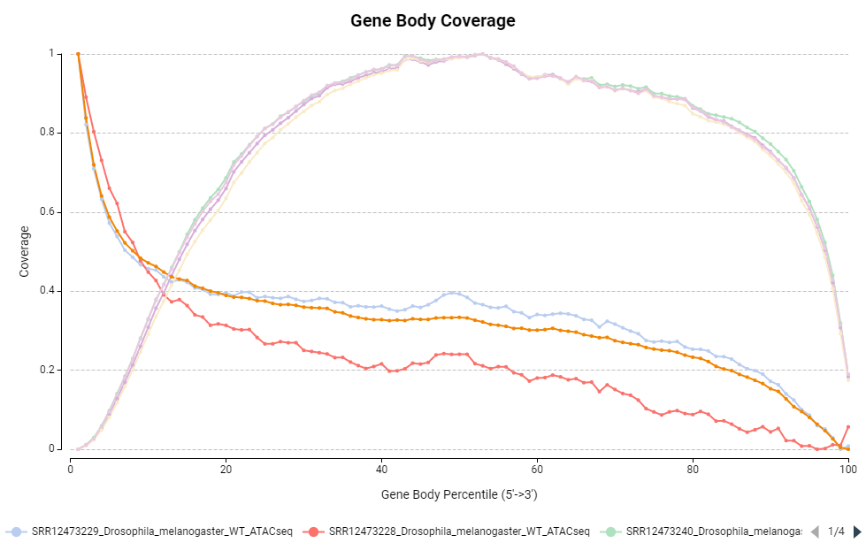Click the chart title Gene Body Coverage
[433, 20]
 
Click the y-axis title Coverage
[25, 251]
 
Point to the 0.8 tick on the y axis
[54, 133]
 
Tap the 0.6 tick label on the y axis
[54, 212]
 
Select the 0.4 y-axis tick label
[54, 291]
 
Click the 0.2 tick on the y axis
[54, 371]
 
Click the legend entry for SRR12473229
[156, 532]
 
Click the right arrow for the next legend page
[856, 532]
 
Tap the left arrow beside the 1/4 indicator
[815, 532]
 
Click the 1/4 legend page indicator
[836, 532]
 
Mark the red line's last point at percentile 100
[847, 427]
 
